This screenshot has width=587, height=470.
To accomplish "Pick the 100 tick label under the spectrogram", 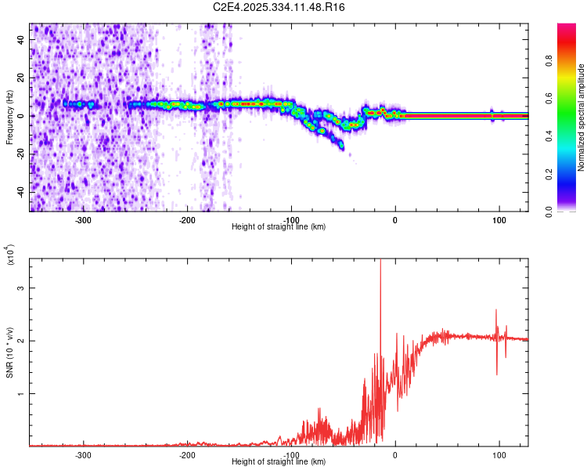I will pos(499,219).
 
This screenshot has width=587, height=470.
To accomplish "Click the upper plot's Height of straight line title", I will pos(279,226).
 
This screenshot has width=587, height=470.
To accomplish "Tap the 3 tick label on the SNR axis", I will pos(20,288).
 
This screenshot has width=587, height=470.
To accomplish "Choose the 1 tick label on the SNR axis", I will pos(20,394).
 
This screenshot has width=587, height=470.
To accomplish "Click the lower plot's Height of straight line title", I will pos(279,461).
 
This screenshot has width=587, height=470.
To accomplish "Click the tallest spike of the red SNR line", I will pos(380,261).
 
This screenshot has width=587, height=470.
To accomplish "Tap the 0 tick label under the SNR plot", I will pos(394,454).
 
